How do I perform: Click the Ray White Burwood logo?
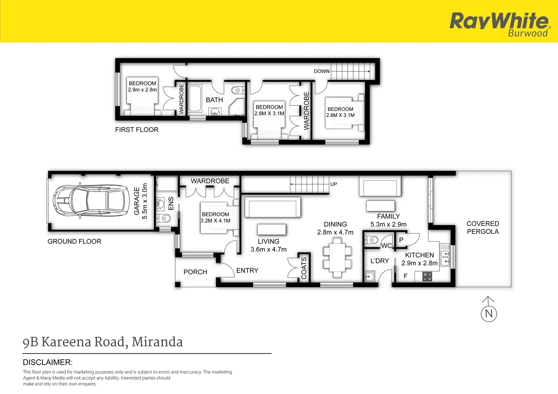click(x=499, y=24)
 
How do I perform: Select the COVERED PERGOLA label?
click(x=482, y=228)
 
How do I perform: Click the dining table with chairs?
click(x=337, y=257)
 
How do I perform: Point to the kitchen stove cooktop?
click(x=427, y=277)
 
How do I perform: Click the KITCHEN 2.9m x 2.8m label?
click(x=419, y=259)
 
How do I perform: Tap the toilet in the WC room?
click(x=372, y=240)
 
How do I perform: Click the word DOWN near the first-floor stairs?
click(x=322, y=71)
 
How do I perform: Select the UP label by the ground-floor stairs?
click(x=334, y=184)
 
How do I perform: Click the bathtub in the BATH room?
click(x=195, y=98)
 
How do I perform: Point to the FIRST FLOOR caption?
click(x=136, y=130)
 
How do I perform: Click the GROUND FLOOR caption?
click(x=74, y=242)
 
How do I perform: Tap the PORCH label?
click(x=195, y=272)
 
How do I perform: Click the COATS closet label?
click(x=304, y=268)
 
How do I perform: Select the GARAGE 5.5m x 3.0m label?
click(x=141, y=201)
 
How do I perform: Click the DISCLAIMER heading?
click(x=47, y=362)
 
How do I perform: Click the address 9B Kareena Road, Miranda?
click(x=103, y=342)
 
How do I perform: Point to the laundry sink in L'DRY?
click(x=370, y=277)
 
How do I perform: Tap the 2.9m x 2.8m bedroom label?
click(x=142, y=86)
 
